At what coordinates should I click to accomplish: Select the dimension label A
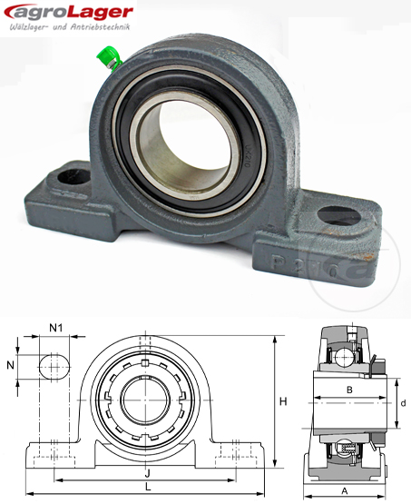tap(343, 489)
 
